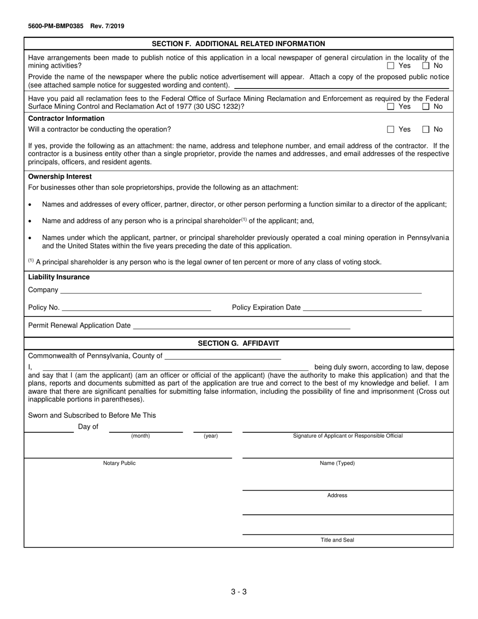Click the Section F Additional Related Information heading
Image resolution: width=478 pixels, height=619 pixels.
(x=238, y=44)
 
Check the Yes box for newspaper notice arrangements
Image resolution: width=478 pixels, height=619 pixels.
(x=391, y=66)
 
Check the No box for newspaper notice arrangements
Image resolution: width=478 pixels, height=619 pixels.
(x=426, y=66)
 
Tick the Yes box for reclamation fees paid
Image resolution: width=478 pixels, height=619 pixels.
(x=391, y=107)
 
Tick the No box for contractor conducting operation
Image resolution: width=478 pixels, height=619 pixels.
(x=426, y=130)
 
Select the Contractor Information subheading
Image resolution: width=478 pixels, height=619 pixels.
(x=66, y=118)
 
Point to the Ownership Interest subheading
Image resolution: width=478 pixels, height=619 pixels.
(x=60, y=177)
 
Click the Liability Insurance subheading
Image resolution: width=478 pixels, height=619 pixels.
(x=59, y=277)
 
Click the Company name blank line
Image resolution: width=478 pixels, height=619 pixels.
(x=241, y=290)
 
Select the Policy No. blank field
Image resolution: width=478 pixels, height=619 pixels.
(x=136, y=308)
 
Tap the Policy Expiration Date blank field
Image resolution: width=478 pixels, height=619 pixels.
(x=362, y=308)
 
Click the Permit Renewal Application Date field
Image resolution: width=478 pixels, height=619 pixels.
(x=241, y=326)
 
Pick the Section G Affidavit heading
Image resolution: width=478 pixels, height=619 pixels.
(x=238, y=343)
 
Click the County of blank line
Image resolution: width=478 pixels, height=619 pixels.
(x=222, y=356)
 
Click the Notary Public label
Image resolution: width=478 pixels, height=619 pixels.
(x=119, y=463)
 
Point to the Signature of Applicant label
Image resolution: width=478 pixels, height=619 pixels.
(x=348, y=436)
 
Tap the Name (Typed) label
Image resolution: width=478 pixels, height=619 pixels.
(x=337, y=463)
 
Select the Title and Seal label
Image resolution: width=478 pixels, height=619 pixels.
(x=337, y=540)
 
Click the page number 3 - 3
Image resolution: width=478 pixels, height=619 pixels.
(x=238, y=592)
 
